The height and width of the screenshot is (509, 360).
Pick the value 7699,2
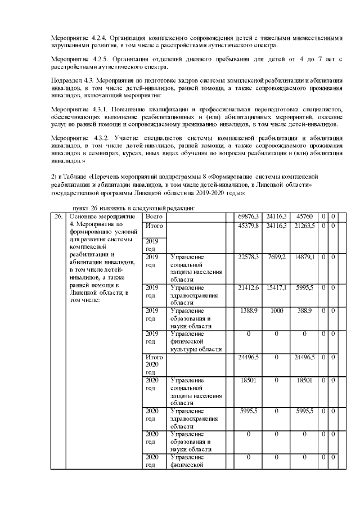(x=277, y=256)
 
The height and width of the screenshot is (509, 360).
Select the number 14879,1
(x=306, y=256)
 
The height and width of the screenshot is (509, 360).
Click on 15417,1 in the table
(x=277, y=287)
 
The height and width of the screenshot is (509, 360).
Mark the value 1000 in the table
(x=277, y=310)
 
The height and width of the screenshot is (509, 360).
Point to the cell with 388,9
(x=306, y=310)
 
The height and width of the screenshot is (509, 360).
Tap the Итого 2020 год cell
(x=154, y=364)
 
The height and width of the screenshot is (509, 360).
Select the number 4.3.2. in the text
(x=97, y=138)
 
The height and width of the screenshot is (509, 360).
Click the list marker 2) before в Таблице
(x=54, y=178)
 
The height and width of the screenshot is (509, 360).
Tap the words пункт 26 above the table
(x=82, y=208)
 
